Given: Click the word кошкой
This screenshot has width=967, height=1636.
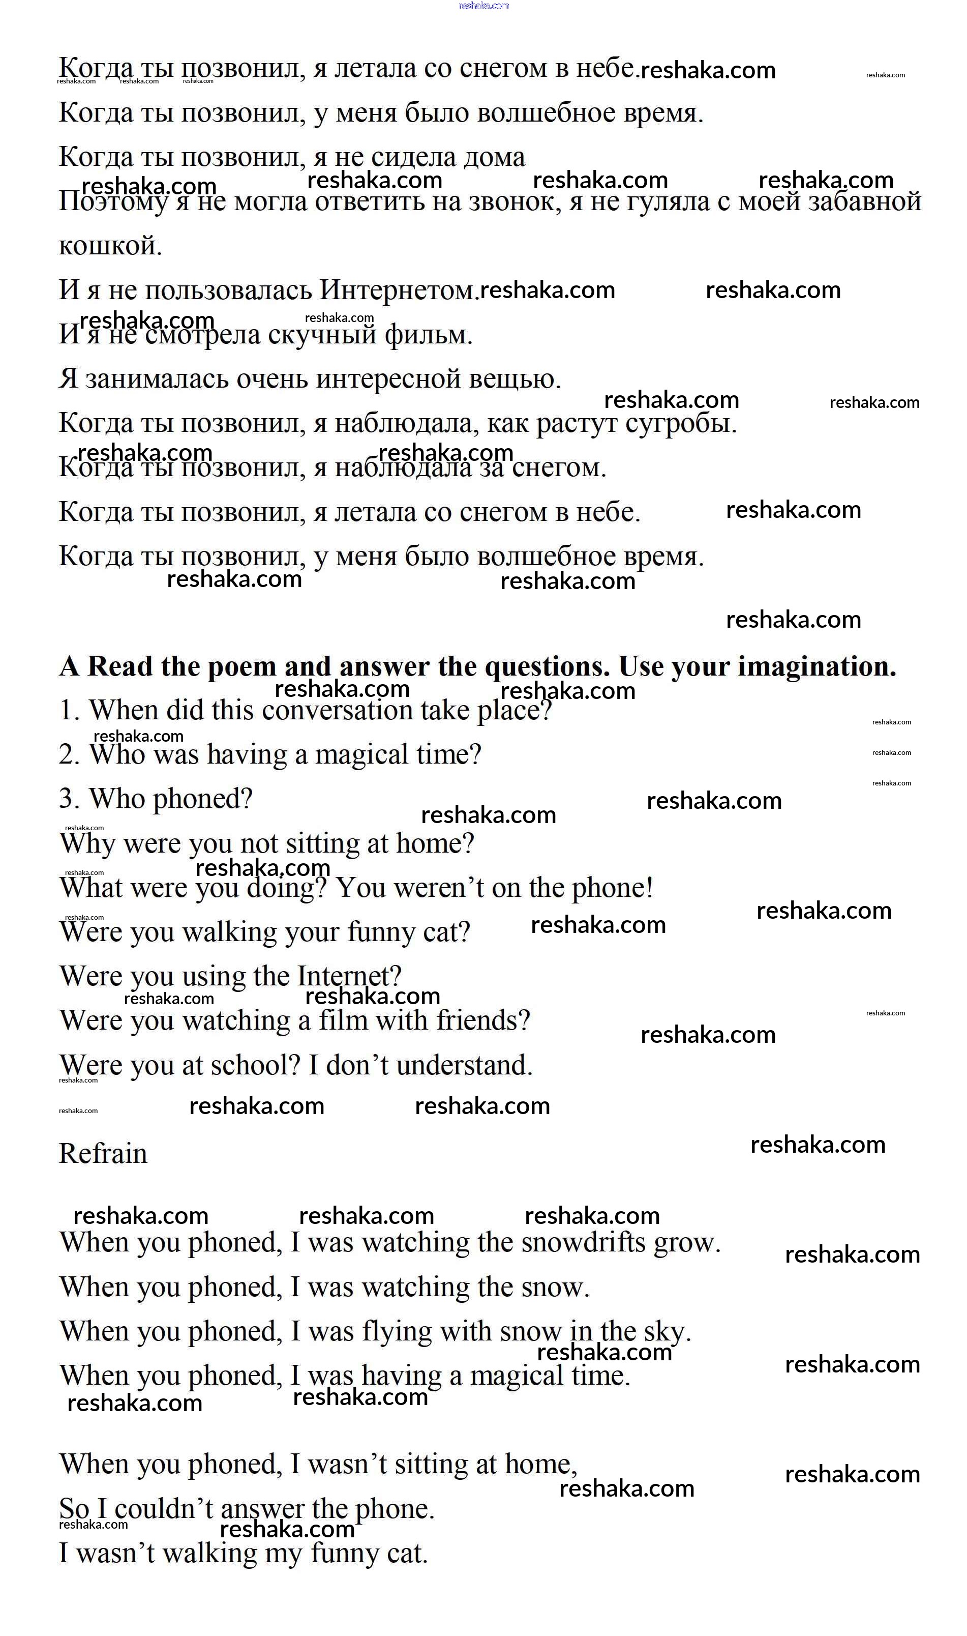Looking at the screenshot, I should tap(110, 246).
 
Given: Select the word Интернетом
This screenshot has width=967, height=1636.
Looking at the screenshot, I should tap(399, 290).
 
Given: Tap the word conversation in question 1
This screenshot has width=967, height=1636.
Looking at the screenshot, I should tap(337, 711).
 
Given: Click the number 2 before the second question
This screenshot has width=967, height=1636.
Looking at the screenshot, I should tap(68, 755).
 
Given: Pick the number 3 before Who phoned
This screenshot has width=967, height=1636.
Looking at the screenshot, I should tap(68, 799).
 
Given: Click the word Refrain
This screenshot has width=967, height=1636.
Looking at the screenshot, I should tap(103, 1154).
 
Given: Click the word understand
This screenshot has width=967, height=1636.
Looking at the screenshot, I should tap(464, 1066).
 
